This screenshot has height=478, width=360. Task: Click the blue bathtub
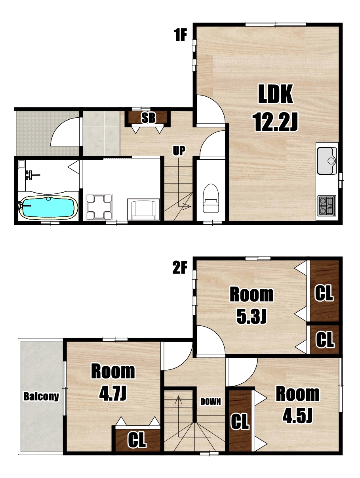pos(48,206)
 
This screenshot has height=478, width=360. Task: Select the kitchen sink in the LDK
pos(326,161)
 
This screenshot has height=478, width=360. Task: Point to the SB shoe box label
pos(149,118)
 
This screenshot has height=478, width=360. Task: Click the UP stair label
pos(179,151)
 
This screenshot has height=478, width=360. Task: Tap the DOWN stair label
pos(210,402)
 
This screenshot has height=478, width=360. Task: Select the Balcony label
pos(41,396)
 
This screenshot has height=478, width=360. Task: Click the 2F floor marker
pos(180,268)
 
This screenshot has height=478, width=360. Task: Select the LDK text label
pos(275,94)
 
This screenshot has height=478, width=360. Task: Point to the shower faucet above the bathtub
pos(30,175)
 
